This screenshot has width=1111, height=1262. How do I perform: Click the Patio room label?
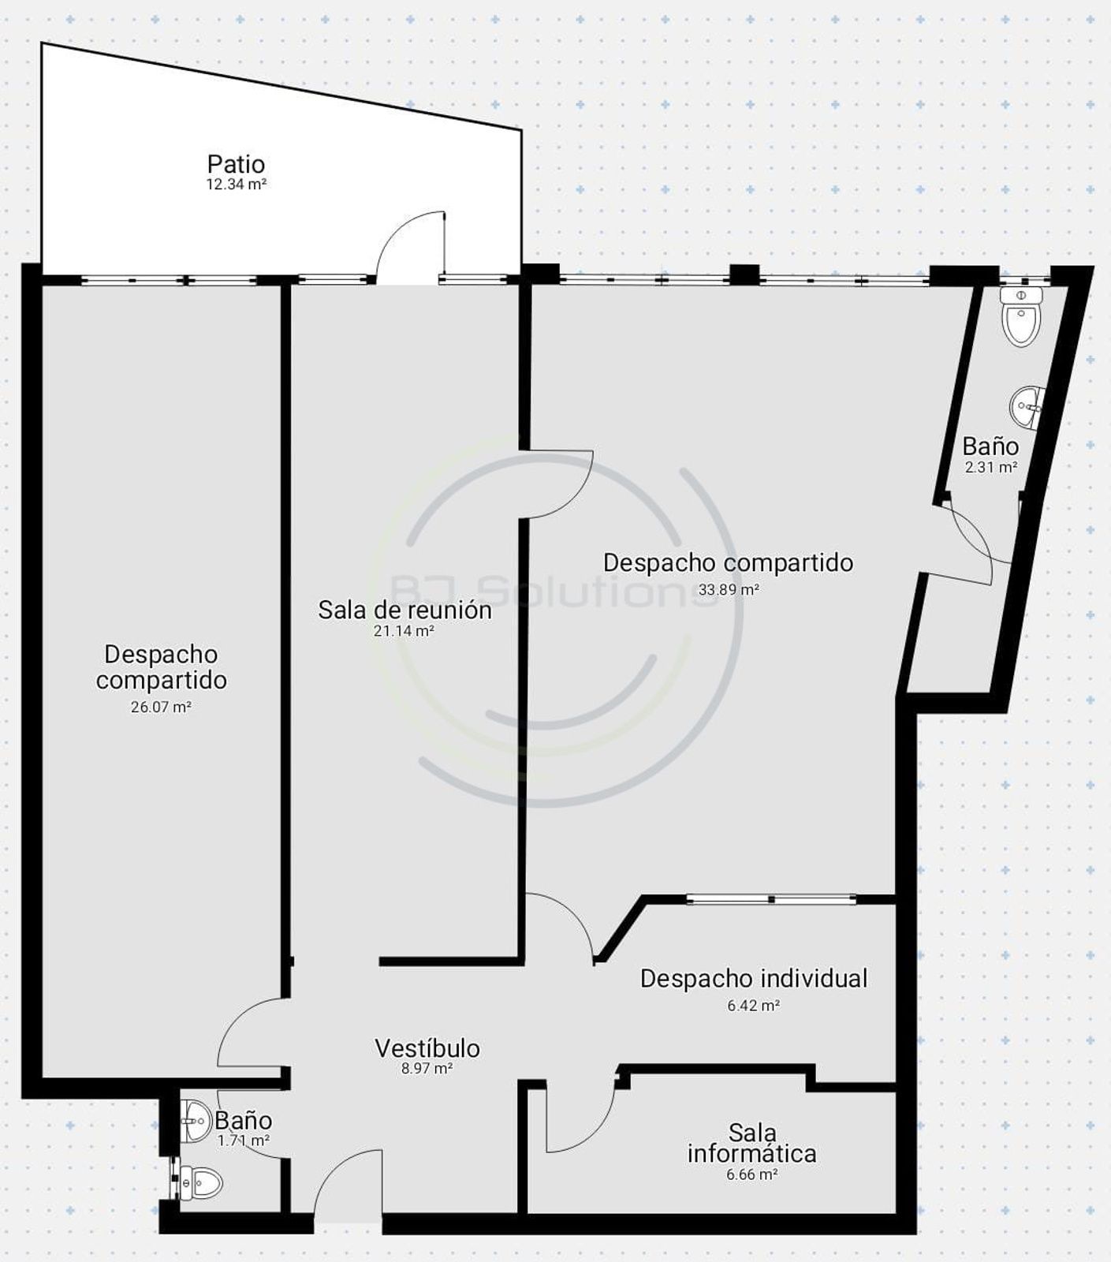click(236, 164)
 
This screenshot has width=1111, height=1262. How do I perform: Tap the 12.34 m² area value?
click(236, 185)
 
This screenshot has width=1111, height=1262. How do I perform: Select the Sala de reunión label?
click(405, 610)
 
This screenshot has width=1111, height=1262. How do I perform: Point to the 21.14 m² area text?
click(405, 630)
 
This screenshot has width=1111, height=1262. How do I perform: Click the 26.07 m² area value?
click(161, 707)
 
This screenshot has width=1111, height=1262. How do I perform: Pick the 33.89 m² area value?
click(729, 589)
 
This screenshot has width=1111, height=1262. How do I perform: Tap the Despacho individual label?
click(754, 978)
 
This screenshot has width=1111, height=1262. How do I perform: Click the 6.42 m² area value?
click(754, 1006)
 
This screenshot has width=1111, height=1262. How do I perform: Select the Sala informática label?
click(752, 1143)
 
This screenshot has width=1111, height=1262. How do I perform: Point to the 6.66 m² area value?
click(752, 1174)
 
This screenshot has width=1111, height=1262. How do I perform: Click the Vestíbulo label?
click(427, 1048)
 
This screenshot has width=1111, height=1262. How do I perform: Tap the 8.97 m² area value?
click(427, 1069)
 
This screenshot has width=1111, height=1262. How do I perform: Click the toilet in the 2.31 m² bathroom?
click(1021, 316)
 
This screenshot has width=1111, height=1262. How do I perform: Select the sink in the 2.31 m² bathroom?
click(1027, 406)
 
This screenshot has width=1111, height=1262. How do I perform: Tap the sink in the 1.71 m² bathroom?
click(195, 1121)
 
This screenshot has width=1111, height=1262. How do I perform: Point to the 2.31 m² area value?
click(991, 467)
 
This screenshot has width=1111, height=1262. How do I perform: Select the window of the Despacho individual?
click(771, 899)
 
